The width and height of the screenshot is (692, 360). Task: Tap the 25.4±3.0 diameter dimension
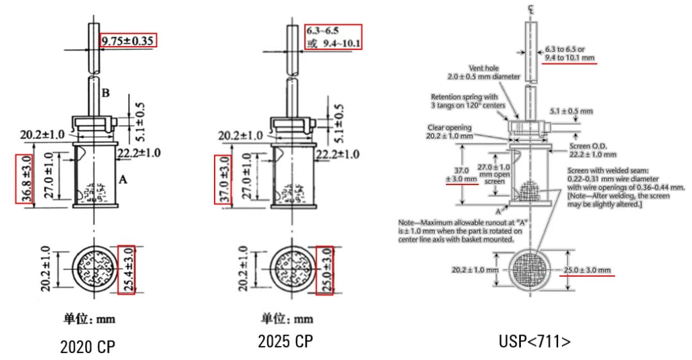click(x=126, y=269)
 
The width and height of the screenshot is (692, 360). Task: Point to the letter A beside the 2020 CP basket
click(x=122, y=181)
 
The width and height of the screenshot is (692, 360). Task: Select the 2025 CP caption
click(x=285, y=341)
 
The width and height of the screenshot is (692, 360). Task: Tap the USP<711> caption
click(x=534, y=342)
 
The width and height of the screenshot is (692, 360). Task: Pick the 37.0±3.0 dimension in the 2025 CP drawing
click(x=222, y=178)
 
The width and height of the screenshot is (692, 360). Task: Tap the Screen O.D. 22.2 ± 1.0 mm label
click(x=593, y=151)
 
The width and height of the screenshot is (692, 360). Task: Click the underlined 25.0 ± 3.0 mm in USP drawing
click(x=588, y=270)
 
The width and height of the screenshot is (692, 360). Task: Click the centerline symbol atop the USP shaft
click(x=530, y=8)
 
